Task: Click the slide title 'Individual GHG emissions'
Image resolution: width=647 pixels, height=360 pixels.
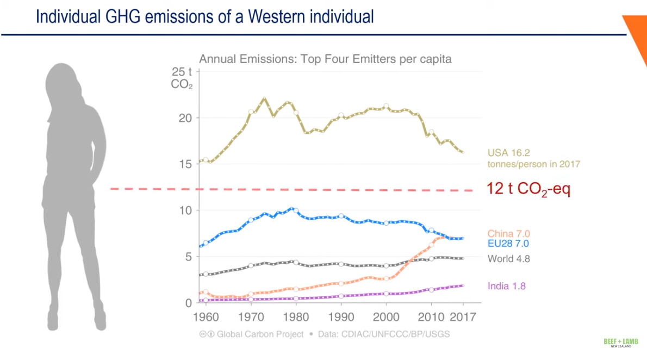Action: coord(204,17)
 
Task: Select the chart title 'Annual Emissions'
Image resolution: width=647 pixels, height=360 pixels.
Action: coord(325,59)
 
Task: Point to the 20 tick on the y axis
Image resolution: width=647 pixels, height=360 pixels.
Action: coord(186,118)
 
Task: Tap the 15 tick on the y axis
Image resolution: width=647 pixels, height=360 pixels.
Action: coord(186,164)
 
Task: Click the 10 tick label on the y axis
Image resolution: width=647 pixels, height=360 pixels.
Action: coord(186,210)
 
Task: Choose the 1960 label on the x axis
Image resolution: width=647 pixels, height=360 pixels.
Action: coord(205,316)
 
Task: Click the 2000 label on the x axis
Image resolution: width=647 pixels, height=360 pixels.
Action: coord(386,316)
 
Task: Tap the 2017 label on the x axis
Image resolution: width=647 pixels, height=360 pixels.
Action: coord(463,316)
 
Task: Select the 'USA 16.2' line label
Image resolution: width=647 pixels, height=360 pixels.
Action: coord(508,153)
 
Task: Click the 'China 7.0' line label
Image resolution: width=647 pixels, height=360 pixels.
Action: coord(508,234)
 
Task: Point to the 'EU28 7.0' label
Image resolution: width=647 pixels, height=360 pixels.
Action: coord(508,244)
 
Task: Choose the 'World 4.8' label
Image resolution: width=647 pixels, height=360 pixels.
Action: coord(508,259)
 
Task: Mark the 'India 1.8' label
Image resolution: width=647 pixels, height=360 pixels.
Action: coord(507,286)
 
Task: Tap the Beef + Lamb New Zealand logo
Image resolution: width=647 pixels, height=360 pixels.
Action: coord(620,343)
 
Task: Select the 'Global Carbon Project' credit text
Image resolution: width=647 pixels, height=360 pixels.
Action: coord(260,334)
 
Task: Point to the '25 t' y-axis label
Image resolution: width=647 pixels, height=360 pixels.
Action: coord(182,72)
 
